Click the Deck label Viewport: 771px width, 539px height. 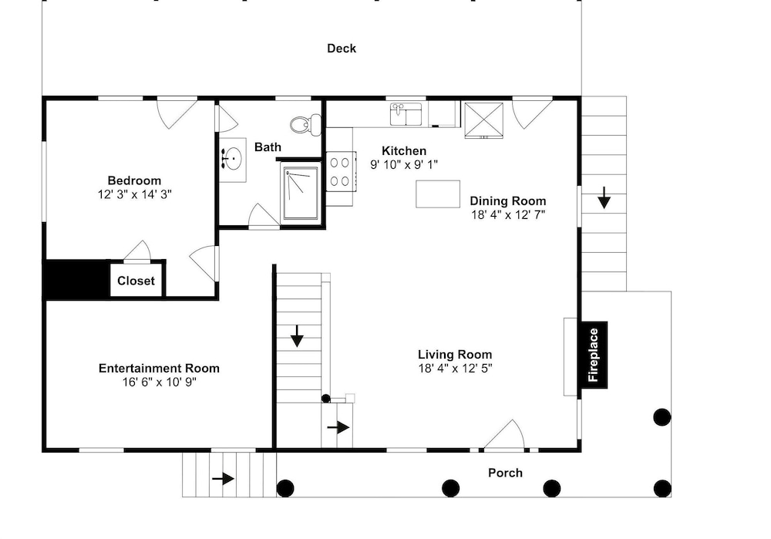(x=342, y=49)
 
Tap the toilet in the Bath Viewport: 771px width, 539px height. (x=305, y=124)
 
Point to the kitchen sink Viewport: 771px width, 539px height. (x=406, y=114)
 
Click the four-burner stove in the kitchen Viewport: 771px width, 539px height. (x=340, y=172)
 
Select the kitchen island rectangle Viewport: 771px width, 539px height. (x=438, y=194)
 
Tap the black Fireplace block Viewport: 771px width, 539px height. (x=594, y=355)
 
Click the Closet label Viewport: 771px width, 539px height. (x=136, y=281)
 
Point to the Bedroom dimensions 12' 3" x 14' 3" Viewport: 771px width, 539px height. (x=134, y=194)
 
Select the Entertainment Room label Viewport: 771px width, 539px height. (x=159, y=369)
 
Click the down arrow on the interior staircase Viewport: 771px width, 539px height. (x=297, y=336)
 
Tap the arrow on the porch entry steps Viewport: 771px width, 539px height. (x=223, y=478)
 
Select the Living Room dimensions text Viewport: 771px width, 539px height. (x=455, y=369)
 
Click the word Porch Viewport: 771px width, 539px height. (x=505, y=473)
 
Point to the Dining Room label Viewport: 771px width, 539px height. (x=508, y=200)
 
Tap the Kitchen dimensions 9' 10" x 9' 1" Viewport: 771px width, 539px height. (x=404, y=165)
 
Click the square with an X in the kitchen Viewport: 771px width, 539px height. (x=484, y=120)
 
